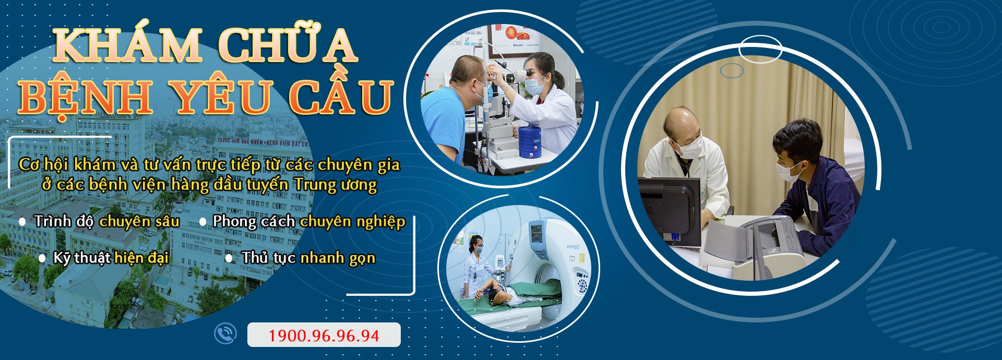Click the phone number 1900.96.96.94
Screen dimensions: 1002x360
pyautogui.click(x=324, y=335)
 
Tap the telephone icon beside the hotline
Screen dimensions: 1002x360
pyautogui.click(x=225, y=334)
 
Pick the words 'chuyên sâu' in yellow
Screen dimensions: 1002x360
pyautogui.click(x=139, y=221)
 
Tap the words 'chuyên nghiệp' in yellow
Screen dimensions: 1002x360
pyautogui.click(x=353, y=222)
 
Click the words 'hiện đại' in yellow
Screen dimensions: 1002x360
pyautogui.click(x=141, y=258)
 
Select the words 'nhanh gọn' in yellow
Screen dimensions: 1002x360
pyautogui.click(x=338, y=258)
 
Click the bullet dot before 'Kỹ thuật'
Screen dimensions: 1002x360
pyautogui.click(x=42, y=258)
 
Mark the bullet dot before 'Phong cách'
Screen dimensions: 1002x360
pyautogui.click(x=202, y=222)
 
